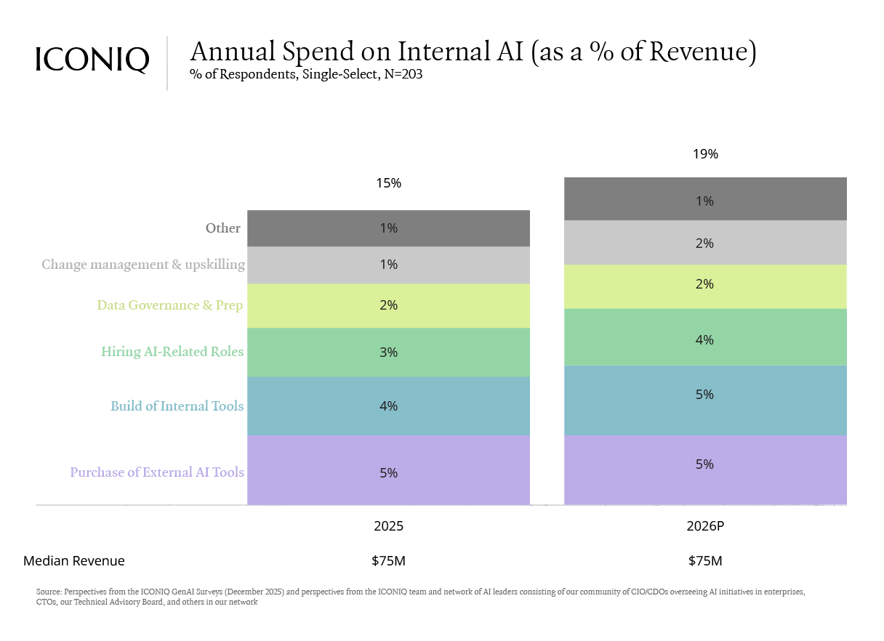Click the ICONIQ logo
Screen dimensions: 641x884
92,60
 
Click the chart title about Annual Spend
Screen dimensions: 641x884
473,52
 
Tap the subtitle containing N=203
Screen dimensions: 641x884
305,74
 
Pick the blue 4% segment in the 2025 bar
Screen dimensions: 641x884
388,406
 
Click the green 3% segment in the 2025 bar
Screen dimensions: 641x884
388,352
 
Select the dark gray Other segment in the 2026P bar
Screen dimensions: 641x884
704,199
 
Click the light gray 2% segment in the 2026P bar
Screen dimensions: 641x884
704,243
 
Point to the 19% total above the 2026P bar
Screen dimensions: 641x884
704,154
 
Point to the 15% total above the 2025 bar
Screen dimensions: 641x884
388,183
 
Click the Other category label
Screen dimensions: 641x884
222,228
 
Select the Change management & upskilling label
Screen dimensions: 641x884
143,265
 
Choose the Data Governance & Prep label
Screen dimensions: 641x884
170,305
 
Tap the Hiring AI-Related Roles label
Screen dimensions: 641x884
172,352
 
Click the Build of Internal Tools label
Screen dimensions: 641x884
177,406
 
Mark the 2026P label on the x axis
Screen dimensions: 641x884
704,526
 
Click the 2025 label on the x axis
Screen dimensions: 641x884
388,526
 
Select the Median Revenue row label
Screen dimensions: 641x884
73,561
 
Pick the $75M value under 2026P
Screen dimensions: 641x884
704,561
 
